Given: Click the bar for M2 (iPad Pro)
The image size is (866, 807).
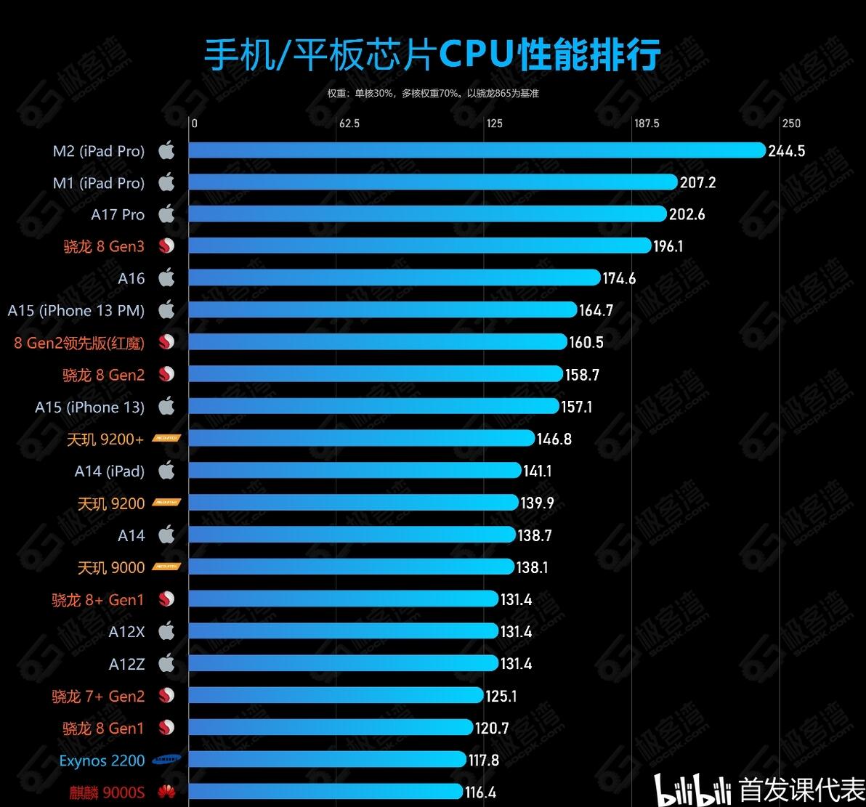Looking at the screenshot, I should pyautogui.click(x=476, y=150).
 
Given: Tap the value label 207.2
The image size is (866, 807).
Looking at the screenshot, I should pyautogui.click(x=697, y=182).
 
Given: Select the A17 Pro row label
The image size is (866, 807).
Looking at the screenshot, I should pyautogui.click(x=118, y=215).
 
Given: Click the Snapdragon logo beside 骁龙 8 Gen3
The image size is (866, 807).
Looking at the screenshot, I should pyautogui.click(x=167, y=246).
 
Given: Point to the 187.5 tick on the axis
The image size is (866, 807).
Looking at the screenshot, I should pyautogui.click(x=646, y=123).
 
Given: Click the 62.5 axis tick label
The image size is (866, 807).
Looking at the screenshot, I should pyautogui.click(x=349, y=123).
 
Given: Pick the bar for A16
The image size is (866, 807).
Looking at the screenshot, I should pyautogui.click(x=394, y=277).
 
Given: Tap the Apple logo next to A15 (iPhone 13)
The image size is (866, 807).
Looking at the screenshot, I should pyautogui.click(x=167, y=406).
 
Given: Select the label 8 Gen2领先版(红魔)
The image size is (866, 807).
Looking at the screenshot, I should pyautogui.click(x=79, y=342).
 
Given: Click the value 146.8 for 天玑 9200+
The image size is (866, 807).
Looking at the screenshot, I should pyautogui.click(x=554, y=439).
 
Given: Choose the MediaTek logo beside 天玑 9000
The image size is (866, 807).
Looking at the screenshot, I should pyautogui.click(x=166, y=567).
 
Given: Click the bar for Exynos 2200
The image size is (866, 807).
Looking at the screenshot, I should pyautogui.click(x=327, y=759).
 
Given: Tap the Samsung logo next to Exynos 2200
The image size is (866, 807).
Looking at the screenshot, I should pyautogui.click(x=166, y=760).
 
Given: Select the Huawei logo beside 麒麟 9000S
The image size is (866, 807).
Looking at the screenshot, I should pyautogui.click(x=166, y=792).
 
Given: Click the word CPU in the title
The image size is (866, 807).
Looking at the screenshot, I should pyautogui.click(x=477, y=55).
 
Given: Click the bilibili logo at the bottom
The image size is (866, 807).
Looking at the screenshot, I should pyautogui.click(x=693, y=790).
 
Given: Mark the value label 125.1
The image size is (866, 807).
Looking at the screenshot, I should pyautogui.click(x=501, y=696).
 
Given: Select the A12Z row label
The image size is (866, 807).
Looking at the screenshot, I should pyautogui.click(x=126, y=664).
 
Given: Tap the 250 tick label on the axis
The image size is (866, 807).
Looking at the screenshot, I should pyautogui.click(x=790, y=123).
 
